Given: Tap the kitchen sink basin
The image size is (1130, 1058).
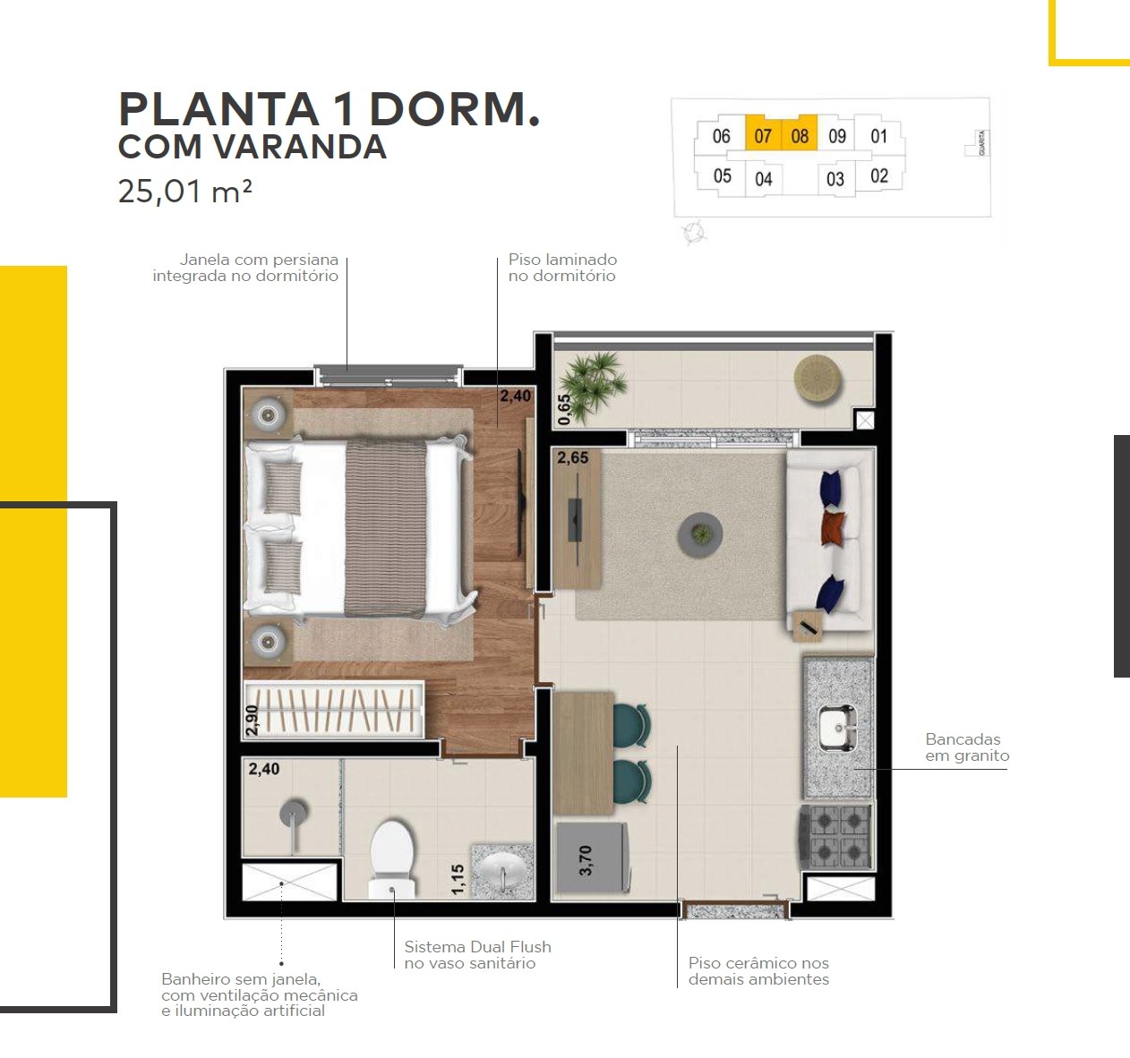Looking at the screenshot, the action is pyautogui.click(x=837, y=728).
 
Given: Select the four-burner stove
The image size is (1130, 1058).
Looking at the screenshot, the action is pyautogui.click(x=835, y=836).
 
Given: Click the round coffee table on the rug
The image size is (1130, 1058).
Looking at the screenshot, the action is pyautogui.click(x=700, y=534).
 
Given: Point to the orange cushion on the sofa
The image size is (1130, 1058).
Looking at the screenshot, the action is pyautogui.click(x=833, y=527).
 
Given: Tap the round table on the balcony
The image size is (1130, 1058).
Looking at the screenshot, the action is pyautogui.click(x=818, y=380).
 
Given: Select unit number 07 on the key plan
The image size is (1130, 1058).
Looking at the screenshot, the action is pyautogui.click(x=763, y=136).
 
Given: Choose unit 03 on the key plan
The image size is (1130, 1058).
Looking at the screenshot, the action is pyautogui.click(x=835, y=179).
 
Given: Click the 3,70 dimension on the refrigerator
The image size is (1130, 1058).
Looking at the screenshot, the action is pyautogui.click(x=586, y=859).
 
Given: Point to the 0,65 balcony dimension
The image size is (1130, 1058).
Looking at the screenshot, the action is pyautogui.click(x=564, y=410).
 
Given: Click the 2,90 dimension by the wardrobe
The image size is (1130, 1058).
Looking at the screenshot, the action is pyautogui.click(x=252, y=721).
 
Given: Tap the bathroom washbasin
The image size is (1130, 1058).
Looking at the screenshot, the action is pyautogui.click(x=502, y=871).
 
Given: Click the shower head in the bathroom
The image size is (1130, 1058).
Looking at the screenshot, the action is pyautogui.click(x=294, y=813).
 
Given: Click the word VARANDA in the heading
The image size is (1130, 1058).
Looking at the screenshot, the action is pyautogui.click(x=301, y=147).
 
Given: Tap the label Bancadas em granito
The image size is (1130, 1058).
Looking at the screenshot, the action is pyautogui.click(x=967, y=747).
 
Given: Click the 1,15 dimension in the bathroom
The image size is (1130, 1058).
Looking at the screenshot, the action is pyautogui.click(x=458, y=879).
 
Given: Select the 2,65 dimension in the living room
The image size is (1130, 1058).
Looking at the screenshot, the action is pyautogui.click(x=572, y=457).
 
